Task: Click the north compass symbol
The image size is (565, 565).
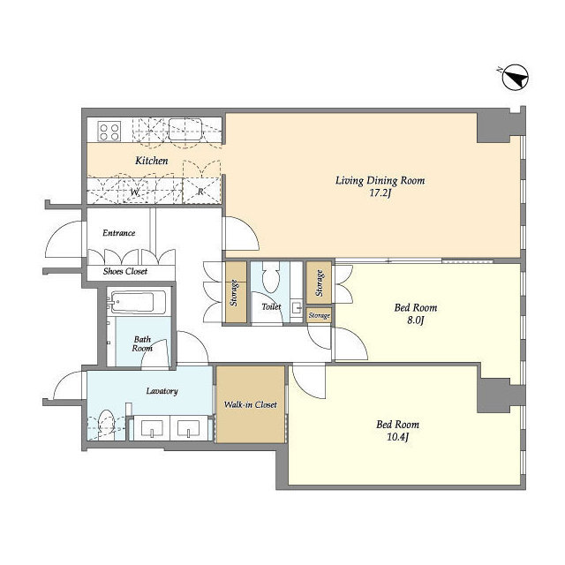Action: pos(515,77)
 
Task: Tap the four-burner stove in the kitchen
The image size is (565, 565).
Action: pos(109,132)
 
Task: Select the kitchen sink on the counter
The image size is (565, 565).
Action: pos(185,129)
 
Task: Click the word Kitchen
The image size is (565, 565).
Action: pos(152,161)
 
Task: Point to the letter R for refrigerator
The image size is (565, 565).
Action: pos(200,192)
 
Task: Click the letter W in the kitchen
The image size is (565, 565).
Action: pos(134,192)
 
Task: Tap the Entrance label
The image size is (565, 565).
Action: pos(119,233)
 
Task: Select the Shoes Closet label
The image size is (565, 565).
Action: pos(125,271)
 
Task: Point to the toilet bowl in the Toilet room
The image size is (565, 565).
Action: pos(271,276)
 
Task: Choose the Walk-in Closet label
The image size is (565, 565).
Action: pos(251,404)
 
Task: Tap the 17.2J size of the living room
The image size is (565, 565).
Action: pos(380,193)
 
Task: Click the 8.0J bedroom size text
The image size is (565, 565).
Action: pos(416,320)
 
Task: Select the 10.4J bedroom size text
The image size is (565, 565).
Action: pos(398,437)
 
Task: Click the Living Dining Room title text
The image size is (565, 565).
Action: pos(380,180)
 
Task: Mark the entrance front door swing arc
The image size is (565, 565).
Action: pos(57,230)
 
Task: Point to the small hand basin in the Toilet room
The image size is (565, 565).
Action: pos(297,308)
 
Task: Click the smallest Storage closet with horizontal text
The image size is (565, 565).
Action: pos(319,315)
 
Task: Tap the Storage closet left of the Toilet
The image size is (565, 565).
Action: pos(236,292)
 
